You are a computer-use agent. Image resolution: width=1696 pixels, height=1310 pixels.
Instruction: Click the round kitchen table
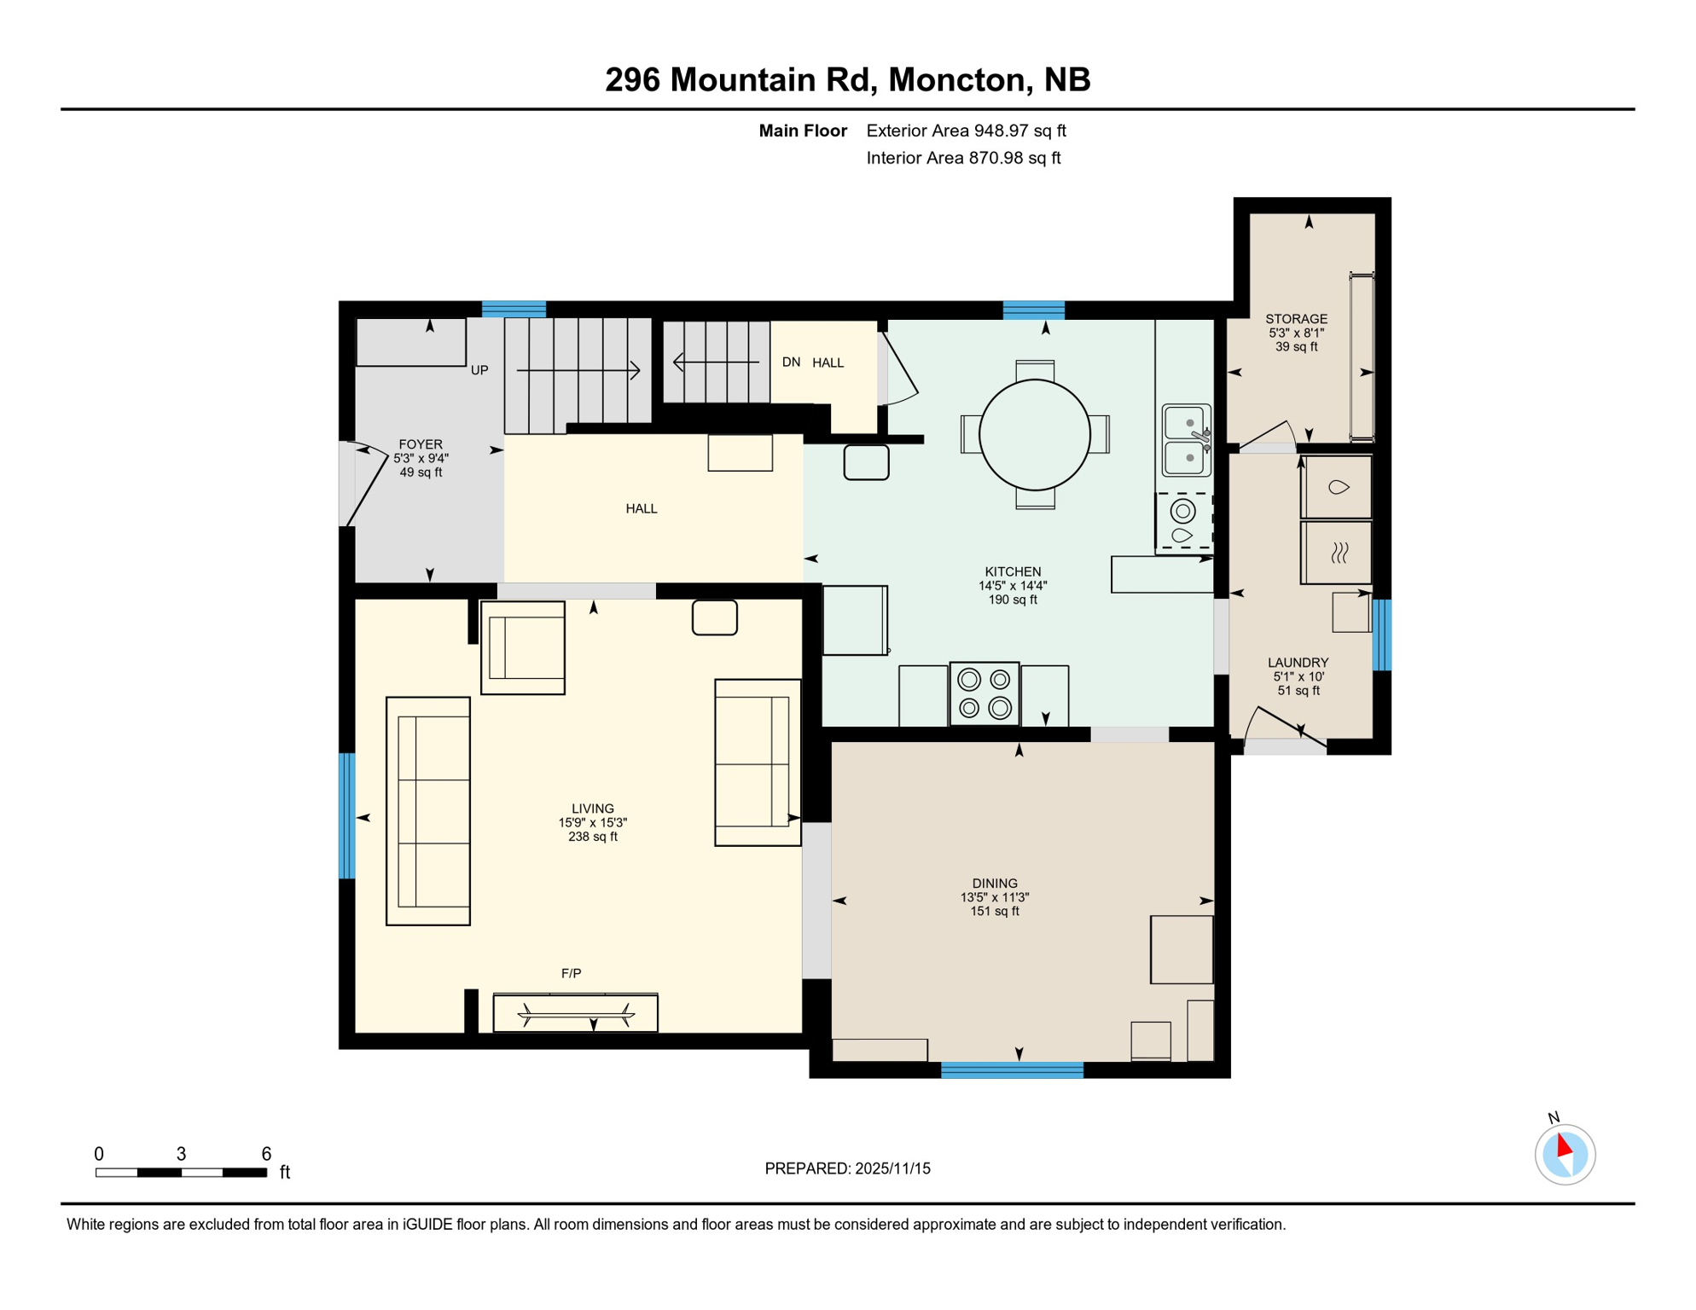pyautogui.click(x=1034, y=435)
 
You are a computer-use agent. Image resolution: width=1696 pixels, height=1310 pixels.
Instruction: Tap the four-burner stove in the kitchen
pyautogui.click(x=984, y=693)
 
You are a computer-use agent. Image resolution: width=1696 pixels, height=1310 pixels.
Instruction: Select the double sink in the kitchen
pyautogui.click(x=1185, y=440)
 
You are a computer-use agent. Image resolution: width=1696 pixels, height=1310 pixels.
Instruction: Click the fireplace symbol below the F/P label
pyautogui.click(x=576, y=1014)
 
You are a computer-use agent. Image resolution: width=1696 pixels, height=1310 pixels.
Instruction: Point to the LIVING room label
pyautogui.click(x=592, y=809)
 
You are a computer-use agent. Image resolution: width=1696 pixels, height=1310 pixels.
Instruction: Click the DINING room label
pyautogui.click(x=994, y=884)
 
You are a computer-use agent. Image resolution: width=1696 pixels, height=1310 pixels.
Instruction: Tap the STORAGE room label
pyautogui.click(x=1295, y=319)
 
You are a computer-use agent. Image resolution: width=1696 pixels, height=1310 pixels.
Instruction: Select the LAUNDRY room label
pyautogui.click(x=1297, y=663)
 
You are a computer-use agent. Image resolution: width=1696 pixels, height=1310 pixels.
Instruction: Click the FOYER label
pyautogui.click(x=421, y=444)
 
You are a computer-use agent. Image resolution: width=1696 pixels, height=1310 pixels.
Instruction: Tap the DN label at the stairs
pyautogui.click(x=791, y=362)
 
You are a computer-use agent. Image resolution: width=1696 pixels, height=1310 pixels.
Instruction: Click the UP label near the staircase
pyautogui.click(x=479, y=370)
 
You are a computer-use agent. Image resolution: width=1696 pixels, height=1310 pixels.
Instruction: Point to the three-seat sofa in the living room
pyautogui.click(x=428, y=811)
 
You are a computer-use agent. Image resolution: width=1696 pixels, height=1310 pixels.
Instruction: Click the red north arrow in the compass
pyautogui.click(x=1564, y=1145)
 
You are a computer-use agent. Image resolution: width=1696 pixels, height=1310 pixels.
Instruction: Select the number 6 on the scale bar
pyautogui.click(x=266, y=1154)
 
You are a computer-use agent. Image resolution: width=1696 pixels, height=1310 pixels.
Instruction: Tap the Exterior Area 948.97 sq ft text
pyautogui.click(x=966, y=130)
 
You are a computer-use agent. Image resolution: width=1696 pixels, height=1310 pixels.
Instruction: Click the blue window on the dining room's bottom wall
pyautogui.click(x=1012, y=1070)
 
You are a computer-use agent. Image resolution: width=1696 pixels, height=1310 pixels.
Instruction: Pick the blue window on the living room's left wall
pyautogui.click(x=347, y=815)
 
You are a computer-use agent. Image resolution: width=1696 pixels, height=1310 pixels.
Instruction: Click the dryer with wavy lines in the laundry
pyautogui.click(x=1338, y=554)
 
